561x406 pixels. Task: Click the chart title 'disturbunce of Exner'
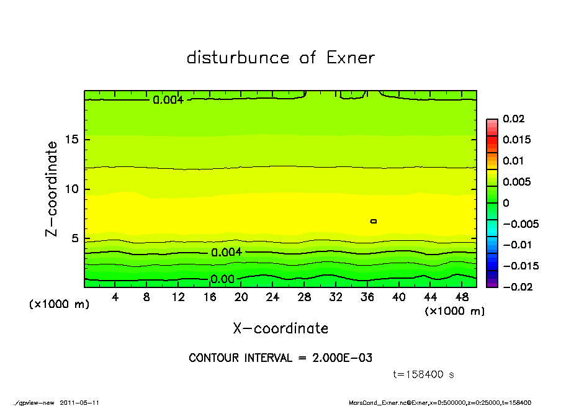pyautogui.click(x=280, y=58)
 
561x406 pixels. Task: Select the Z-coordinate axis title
pyautogui.click(x=52, y=189)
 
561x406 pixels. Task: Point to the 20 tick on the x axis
pyautogui.click(x=241, y=297)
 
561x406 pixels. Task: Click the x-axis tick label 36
pyautogui.click(x=367, y=297)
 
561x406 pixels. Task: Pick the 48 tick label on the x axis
pyautogui.click(x=462, y=297)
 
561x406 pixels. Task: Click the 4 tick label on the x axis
pyautogui.click(x=115, y=297)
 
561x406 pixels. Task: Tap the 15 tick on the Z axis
pyautogui.click(x=71, y=139)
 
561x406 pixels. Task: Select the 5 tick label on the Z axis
pyautogui.click(x=75, y=239)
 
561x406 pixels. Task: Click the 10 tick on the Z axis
pyautogui.click(x=71, y=189)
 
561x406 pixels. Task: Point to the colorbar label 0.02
pyautogui.click(x=514, y=119)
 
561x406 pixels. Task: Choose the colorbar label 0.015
pyautogui.click(x=516, y=140)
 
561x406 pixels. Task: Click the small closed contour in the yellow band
pyautogui.click(x=374, y=221)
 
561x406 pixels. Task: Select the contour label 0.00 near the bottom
pyautogui.click(x=223, y=279)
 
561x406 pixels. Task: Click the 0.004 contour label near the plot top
pyautogui.click(x=168, y=99)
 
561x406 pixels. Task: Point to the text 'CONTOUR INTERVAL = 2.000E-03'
pyautogui.click(x=280, y=358)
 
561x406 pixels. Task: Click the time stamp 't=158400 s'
pyautogui.click(x=424, y=374)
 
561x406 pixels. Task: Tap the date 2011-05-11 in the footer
pyautogui.click(x=79, y=402)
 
